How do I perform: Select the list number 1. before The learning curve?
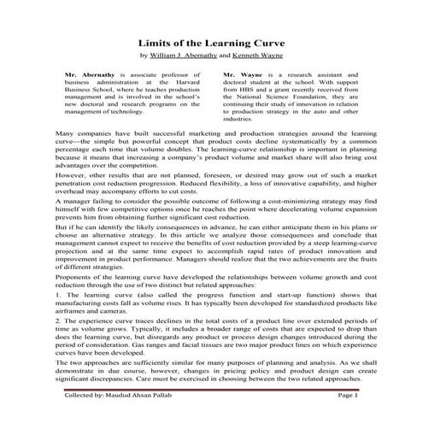pos(56,295)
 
